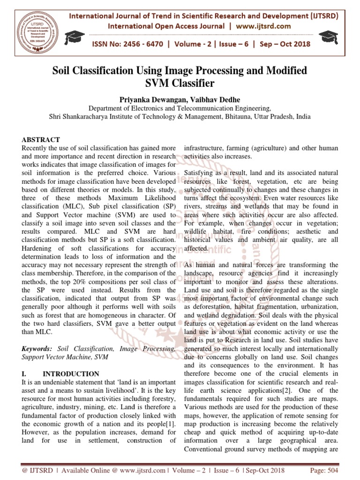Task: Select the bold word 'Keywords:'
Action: tap(38, 349)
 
